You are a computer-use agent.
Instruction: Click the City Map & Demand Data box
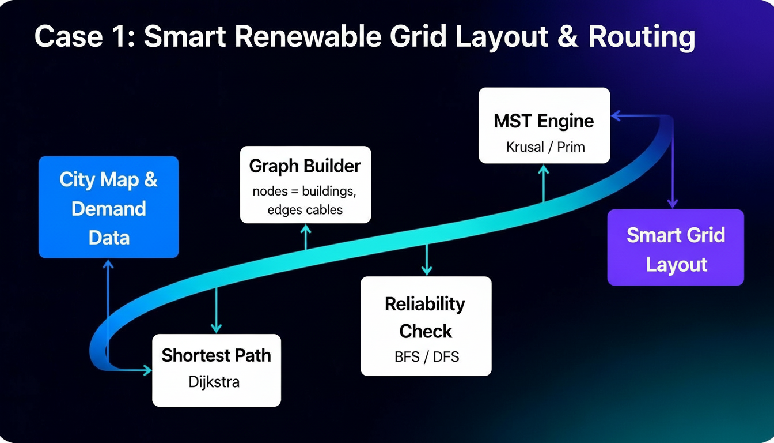tap(108, 207)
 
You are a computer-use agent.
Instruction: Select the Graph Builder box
tap(305, 185)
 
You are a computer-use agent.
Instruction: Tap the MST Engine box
tap(544, 125)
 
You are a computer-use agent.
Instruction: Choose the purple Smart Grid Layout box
tap(676, 247)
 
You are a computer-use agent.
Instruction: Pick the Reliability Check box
tap(426, 326)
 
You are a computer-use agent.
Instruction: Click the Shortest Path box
tap(217, 370)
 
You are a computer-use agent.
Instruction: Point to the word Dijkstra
tap(214, 382)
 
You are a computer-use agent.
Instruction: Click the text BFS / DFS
tap(427, 356)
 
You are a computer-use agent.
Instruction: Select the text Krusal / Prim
tap(545, 147)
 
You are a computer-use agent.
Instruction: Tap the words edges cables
tap(305, 210)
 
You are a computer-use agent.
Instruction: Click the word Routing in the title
tap(642, 37)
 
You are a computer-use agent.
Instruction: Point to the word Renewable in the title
tap(308, 36)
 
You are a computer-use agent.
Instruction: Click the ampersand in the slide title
tap(567, 37)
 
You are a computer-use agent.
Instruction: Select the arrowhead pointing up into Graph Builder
tap(305, 229)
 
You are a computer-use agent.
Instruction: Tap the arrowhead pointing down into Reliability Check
tap(427, 271)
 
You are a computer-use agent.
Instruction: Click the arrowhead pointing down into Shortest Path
tap(217, 328)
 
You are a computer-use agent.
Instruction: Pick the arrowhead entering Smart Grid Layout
tap(673, 204)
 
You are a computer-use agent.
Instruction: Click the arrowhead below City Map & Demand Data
tap(108, 264)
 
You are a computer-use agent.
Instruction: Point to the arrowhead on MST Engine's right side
tap(616, 116)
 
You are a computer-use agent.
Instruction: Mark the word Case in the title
tap(69, 37)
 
